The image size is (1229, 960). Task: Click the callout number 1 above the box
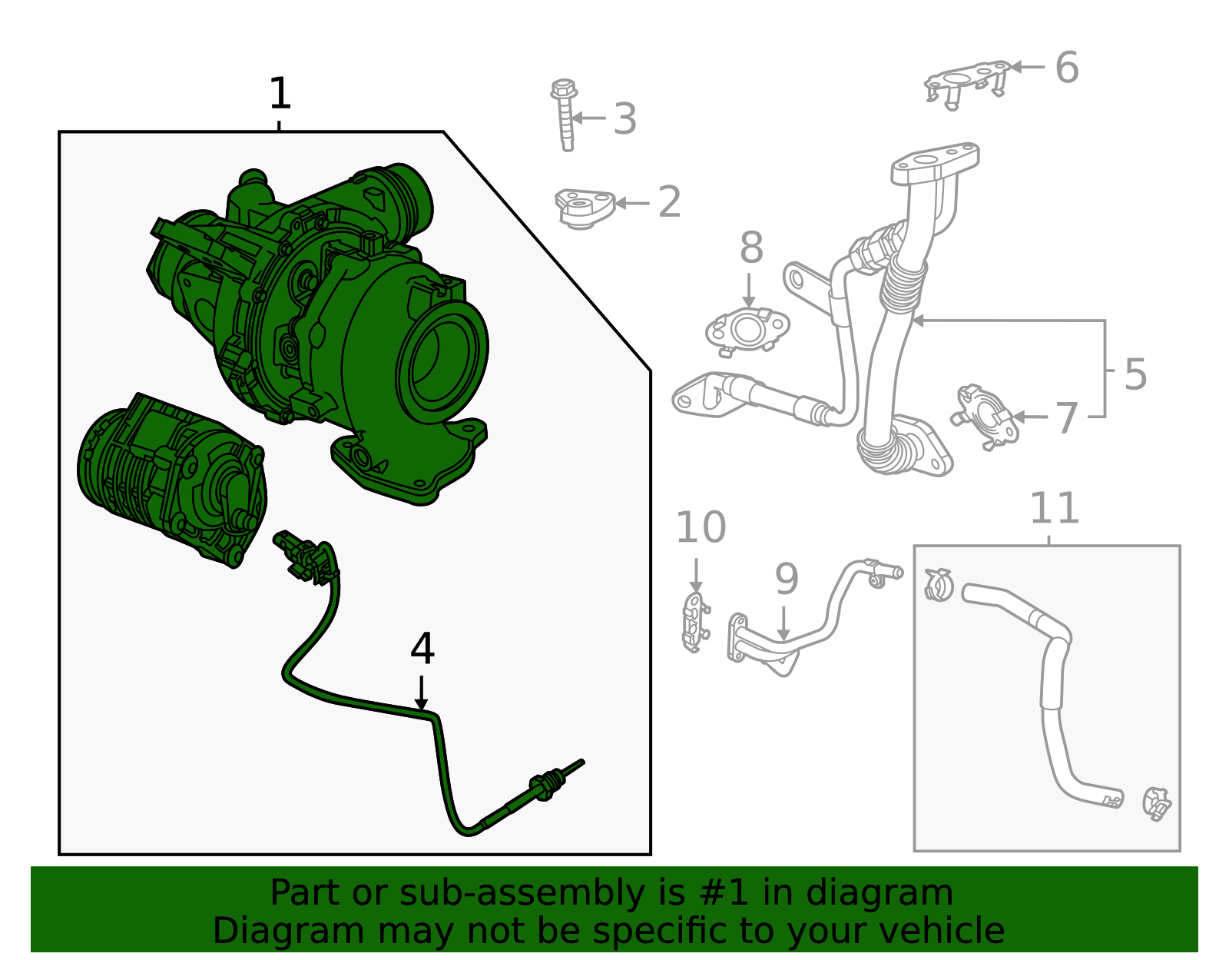click(280, 95)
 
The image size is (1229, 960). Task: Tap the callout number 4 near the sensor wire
click(422, 649)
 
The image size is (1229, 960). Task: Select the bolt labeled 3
click(565, 115)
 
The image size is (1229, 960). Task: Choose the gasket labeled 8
click(747, 331)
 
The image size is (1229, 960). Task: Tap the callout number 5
click(1135, 374)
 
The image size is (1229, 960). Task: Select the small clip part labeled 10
click(694, 621)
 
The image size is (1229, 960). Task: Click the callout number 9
click(787, 580)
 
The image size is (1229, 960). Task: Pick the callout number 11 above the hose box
click(1054, 509)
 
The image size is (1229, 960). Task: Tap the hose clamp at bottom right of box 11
click(1155, 803)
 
